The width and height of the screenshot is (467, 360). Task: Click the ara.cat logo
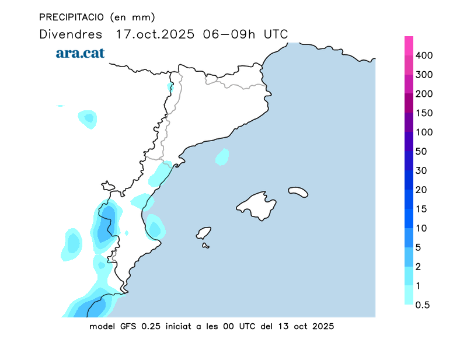tap(80, 53)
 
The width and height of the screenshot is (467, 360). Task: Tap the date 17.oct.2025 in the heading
tap(156, 34)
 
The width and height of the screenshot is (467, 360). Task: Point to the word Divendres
tap(71, 34)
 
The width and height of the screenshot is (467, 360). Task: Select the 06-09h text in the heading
tap(229, 34)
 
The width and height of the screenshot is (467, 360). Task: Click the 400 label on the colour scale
tap(424, 55)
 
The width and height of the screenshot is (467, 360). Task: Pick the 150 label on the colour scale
tap(424, 113)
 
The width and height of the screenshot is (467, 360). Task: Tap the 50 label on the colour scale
tap(421, 152)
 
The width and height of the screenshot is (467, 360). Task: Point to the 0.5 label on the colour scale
tap(423, 305)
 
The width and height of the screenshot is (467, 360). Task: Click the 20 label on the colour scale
tap(421, 190)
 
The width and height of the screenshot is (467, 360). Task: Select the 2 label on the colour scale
tap(418, 267)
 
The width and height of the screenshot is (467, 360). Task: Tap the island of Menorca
tap(298, 191)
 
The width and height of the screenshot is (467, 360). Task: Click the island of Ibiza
tap(204, 233)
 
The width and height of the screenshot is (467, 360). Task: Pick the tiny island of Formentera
tap(205, 246)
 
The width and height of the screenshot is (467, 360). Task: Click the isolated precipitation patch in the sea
tap(222, 156)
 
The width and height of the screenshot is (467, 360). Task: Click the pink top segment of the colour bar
tap(409, 46)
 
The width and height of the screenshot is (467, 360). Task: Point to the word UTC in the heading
tap(276, 34)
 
